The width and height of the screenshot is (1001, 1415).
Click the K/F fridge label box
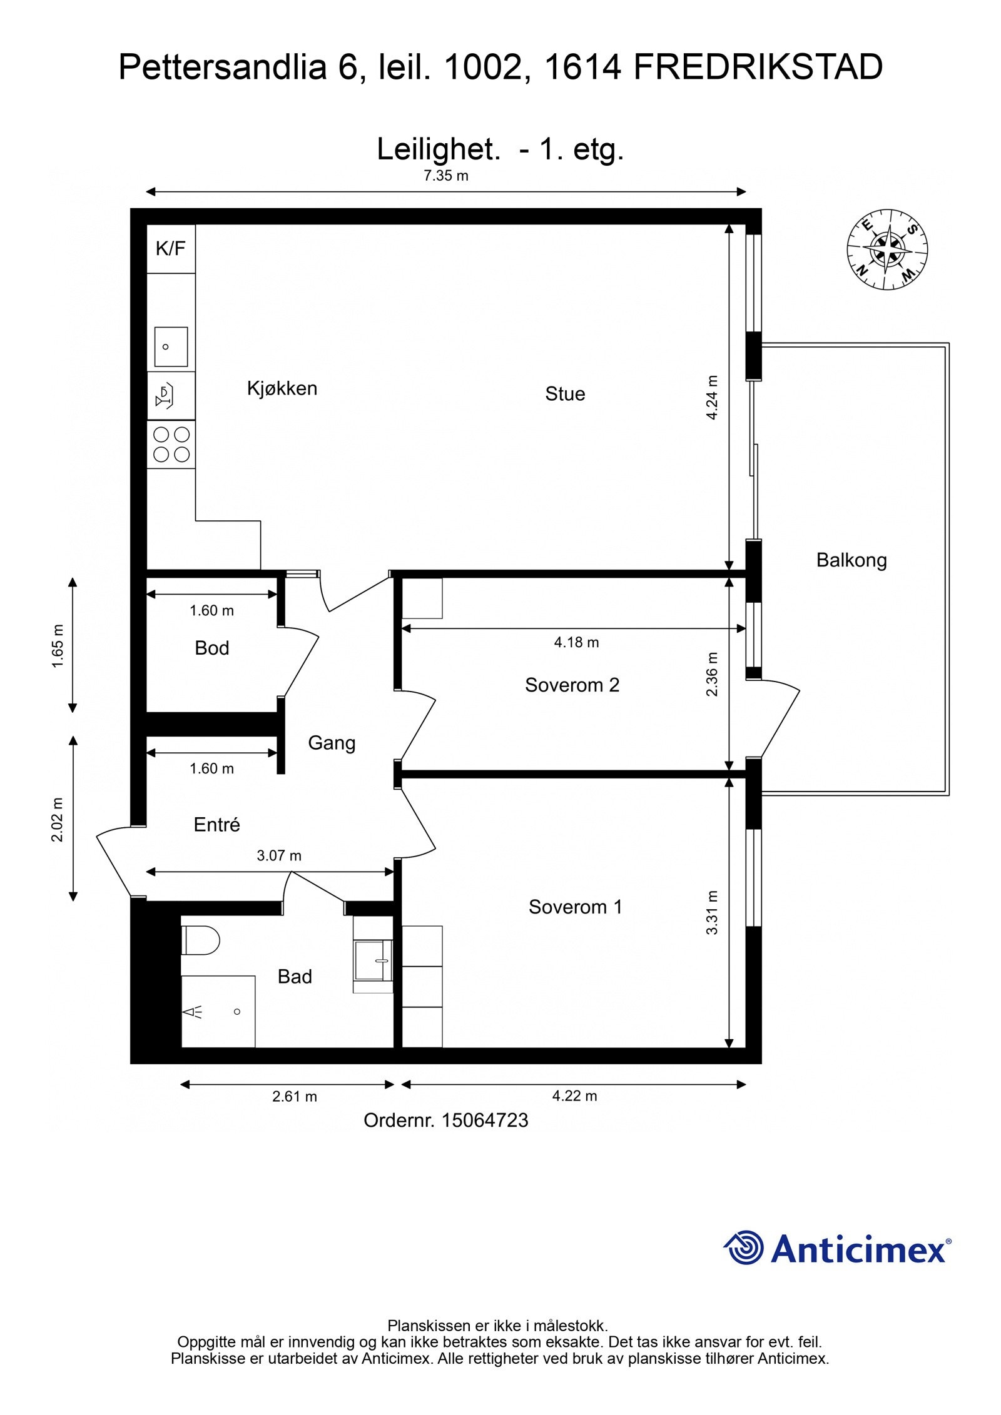[171, 248]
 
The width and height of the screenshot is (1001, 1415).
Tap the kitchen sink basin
[171, 346]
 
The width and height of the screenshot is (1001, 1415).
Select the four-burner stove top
[171, 444]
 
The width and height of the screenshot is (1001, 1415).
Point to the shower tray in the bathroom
[218, 1011]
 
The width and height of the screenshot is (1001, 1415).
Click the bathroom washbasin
[373, 960]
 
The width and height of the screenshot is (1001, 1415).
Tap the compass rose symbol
[887, 249]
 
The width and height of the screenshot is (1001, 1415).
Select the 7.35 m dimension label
[446, 175]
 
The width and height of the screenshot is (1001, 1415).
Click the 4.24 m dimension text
[712, 397]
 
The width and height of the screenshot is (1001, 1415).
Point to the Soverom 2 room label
[572, 685]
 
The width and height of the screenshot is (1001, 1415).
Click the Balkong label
[851, 560]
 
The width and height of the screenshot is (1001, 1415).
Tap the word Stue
[565, 394]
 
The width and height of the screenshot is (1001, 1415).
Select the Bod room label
[212, 648]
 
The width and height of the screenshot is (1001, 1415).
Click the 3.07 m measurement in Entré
[279, 855]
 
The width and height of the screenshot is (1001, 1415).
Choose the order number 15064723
[485, 1120]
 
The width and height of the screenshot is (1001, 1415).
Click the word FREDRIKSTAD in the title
[758, 68]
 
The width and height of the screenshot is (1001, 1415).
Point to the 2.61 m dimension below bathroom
[295, 1096]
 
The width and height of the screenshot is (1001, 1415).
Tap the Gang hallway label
[332, 743]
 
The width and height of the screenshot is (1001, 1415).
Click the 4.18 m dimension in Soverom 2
[576, 642]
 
